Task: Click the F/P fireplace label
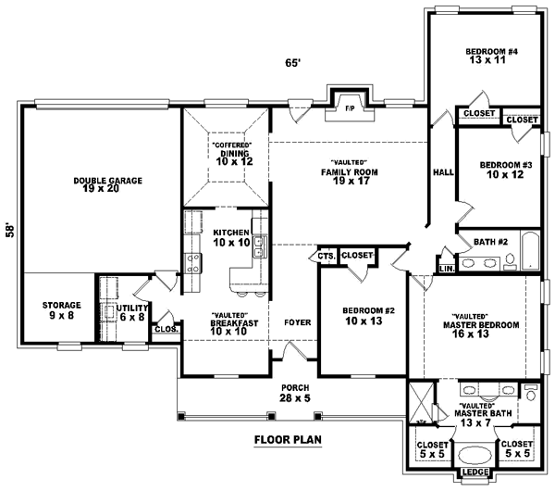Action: (x=350, y=108)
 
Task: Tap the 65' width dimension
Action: (x=292, y=63)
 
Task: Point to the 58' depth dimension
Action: (x=9, y=230)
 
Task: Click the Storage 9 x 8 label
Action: (x=61, y=310)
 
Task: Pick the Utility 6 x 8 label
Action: (x=130, y=311)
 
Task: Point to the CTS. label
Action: (x=326, y=256)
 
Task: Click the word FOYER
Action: (x=296, y=321)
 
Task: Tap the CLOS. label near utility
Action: (x=166, y=328)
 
